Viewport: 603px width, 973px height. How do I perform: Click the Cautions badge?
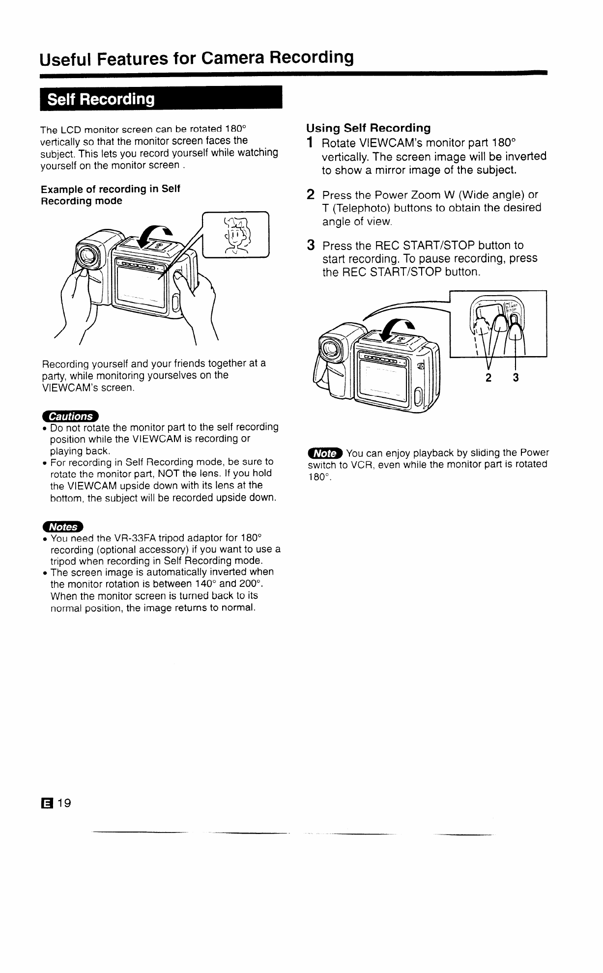point(71,416)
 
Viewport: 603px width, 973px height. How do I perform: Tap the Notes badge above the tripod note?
point(63,527)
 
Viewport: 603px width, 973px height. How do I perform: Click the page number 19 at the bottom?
point(64,803)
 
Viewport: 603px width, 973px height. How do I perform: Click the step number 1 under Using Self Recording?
point(310,143)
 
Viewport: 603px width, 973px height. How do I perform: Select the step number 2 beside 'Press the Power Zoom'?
point(311,195)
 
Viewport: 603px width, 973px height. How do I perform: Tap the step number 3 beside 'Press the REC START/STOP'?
point(311,245)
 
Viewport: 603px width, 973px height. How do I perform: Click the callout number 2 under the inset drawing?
point(489,378)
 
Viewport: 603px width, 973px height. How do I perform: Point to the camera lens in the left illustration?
point(88,255)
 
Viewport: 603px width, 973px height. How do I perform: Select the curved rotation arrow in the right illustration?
point(397,330)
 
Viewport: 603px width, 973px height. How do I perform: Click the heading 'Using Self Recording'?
point(369,128)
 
